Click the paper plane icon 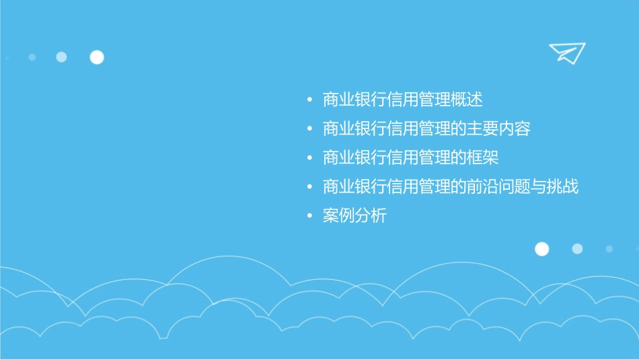pos(566,52)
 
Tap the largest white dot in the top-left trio pos(97,57)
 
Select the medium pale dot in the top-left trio pos(61,57)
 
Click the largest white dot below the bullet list pos(541,249)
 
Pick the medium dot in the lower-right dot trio pos(577,249)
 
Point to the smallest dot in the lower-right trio pos(609,249)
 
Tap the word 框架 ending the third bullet pos(483,159)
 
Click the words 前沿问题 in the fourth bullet pos(500,187)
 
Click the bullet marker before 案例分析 pos(309,217)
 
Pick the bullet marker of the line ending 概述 pos(309,101)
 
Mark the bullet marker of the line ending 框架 pos(309,159)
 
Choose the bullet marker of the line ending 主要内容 pos(309,130)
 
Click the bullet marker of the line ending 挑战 pos(309,188)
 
